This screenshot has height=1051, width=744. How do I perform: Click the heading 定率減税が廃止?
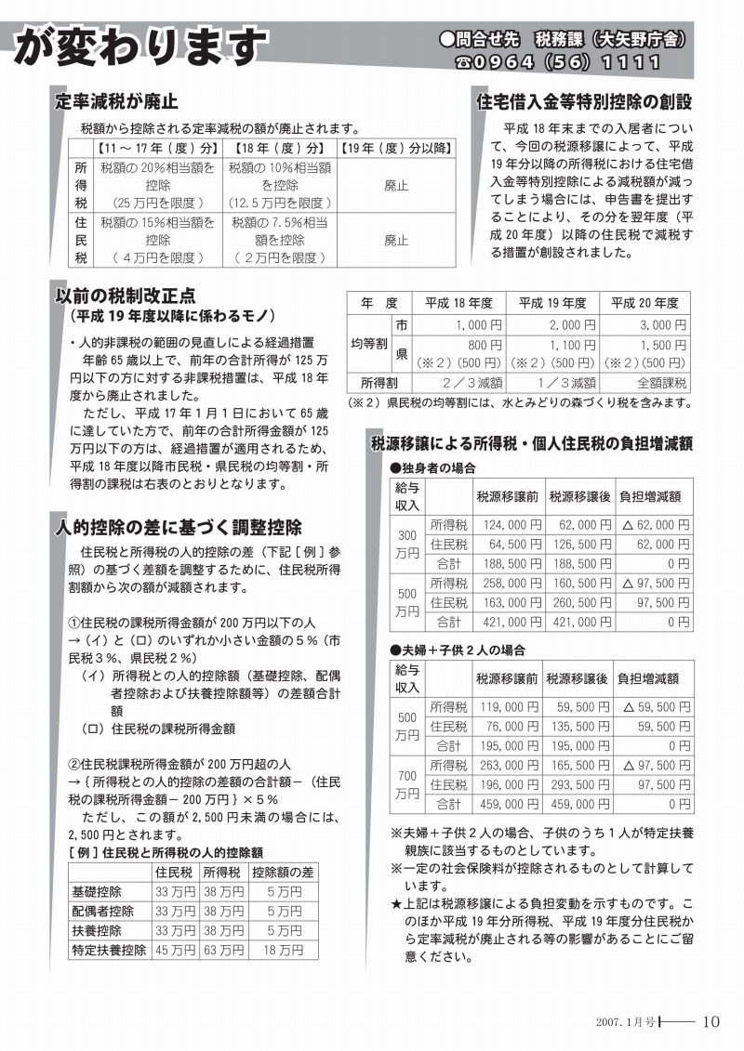click(x=116, y=100)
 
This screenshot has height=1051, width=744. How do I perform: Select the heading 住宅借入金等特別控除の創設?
click(x=584, y=100)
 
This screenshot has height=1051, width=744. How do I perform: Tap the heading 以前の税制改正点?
click(x=125, y=296)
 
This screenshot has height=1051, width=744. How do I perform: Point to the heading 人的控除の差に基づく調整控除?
click(x=178, y=528)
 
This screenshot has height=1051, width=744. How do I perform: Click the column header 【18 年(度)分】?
click(x=280, y=148)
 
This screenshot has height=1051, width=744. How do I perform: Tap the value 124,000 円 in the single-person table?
click(x=511, y=525)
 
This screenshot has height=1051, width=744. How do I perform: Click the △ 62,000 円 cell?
click(x=655, y=525)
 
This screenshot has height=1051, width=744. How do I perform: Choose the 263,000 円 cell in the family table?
click(x=511, y=765)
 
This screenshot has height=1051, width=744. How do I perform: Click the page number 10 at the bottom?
click(x=711, y=1021)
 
